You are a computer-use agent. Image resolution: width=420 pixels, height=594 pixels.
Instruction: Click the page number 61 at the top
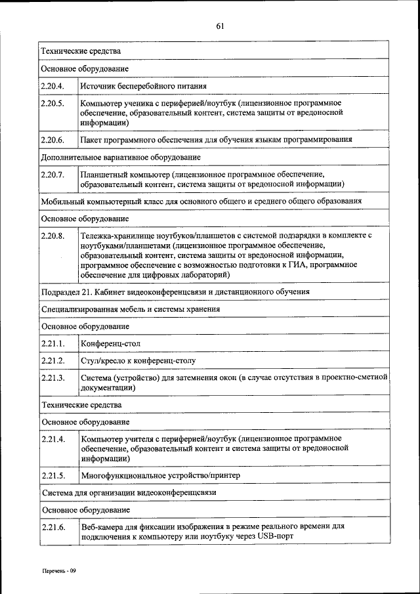(220, 26)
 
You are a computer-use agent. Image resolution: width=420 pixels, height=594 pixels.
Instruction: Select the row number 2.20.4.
(52, 85)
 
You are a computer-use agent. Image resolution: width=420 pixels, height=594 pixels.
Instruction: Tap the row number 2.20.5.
(52, 104)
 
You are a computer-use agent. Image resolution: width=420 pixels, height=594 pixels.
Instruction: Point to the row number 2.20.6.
(52, 140)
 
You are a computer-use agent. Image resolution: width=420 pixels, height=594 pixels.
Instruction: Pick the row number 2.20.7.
(52, 175)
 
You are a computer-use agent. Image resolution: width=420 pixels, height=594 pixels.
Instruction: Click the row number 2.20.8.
(52, 235)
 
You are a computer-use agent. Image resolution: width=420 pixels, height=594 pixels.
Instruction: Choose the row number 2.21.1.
(52, 343)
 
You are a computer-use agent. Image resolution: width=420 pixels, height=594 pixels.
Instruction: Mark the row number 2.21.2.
(52, 360)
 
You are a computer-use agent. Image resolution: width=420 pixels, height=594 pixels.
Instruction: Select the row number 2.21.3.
(52, 378)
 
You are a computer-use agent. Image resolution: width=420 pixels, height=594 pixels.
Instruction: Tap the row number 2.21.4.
(52, 438)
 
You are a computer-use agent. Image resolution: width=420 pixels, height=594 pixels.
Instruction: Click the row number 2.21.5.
(52, 475)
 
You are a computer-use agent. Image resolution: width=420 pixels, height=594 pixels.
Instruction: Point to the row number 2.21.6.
(52, 527)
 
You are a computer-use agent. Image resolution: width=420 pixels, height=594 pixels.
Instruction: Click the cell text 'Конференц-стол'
(110, 343)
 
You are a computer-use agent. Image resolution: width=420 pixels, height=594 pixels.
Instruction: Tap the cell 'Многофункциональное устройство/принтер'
(161, 475)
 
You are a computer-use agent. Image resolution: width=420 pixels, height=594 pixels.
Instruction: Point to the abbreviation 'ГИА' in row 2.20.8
(301, 265)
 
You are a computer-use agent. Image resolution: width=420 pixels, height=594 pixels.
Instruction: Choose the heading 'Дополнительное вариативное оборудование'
(121, 158)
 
